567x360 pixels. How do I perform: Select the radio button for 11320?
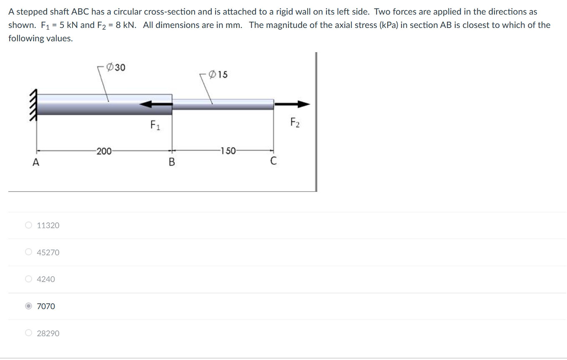click(28, 225)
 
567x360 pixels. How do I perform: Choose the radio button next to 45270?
click(28, 252)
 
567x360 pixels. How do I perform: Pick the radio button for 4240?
click(28, 279)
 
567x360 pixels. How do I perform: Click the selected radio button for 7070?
click(28, 306)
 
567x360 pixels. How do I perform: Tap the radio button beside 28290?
click(28, 333)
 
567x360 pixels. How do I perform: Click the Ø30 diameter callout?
click(116, 67)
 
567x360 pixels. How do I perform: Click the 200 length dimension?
click(103, 151)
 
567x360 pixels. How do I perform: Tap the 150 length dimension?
click(228, 151)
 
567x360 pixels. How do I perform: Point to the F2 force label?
click(295, 123)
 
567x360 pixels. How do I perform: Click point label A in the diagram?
click(36, 163)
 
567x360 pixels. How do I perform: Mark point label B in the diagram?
click(171, 162)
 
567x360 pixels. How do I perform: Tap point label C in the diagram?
click(273, 161)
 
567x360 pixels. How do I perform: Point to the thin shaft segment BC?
click(223, 104)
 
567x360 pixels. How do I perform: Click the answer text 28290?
click(48, 333)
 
